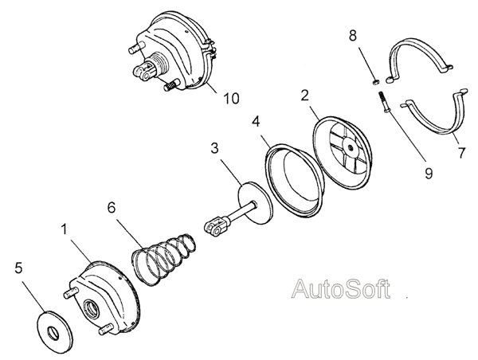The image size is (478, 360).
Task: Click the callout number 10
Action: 232,98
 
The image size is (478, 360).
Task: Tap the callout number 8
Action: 352,36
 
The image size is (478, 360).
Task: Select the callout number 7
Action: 461,153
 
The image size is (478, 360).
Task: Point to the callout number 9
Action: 429,173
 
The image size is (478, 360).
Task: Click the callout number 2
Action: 304,95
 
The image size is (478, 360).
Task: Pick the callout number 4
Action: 256,121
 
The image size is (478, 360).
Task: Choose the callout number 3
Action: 214,148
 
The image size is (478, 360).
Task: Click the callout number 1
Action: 64,229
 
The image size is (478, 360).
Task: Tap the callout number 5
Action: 18,268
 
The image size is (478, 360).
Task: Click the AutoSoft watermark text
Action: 341,288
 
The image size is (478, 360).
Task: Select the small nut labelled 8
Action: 377,82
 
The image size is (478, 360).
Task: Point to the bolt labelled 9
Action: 383,103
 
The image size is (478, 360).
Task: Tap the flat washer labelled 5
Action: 55,332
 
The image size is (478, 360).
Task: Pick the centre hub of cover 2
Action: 351,147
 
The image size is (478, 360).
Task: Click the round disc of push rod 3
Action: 255,203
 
